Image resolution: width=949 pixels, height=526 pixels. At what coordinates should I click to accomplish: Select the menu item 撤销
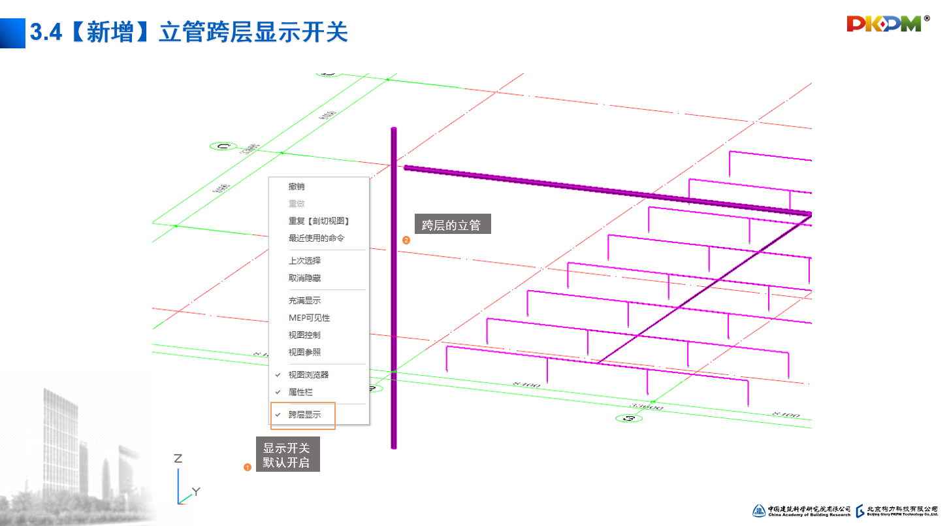coord(297,186)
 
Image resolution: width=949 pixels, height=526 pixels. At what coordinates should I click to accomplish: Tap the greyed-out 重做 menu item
coord(297,204)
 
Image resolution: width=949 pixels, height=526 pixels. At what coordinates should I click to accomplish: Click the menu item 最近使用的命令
coord(316,238)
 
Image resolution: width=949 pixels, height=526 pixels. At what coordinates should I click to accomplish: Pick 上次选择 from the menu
coord(304,261)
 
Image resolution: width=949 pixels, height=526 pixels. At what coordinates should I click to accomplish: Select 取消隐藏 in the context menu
coord(304,278)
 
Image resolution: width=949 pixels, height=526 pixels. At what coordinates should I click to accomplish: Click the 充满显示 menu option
coord(304,301)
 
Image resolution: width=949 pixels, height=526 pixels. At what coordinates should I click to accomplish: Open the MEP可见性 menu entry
coord(309,318)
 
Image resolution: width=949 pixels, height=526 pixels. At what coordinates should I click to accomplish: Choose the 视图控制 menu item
coord(304,335)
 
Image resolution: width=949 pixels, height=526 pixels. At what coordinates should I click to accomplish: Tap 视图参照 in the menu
coord(304,352)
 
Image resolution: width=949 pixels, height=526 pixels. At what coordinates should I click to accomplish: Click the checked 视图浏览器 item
coord(308,374)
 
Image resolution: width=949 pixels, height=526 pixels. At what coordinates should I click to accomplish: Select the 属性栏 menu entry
coord(300,392)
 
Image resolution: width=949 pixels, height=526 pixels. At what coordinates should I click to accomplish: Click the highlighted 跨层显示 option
coord(304,415)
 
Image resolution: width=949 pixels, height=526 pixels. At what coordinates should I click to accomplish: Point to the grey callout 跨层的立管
coord(451,225)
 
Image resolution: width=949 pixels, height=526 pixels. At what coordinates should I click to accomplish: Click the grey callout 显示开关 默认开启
coord(287,455)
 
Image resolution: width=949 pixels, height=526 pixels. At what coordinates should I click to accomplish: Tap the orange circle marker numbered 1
coord(248,467)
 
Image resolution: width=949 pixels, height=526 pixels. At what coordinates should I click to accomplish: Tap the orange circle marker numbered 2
coord(406,240)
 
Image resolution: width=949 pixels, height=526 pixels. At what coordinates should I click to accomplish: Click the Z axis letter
coord(178,458)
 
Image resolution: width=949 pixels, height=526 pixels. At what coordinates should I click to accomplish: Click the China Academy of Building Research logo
coord(801,510)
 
